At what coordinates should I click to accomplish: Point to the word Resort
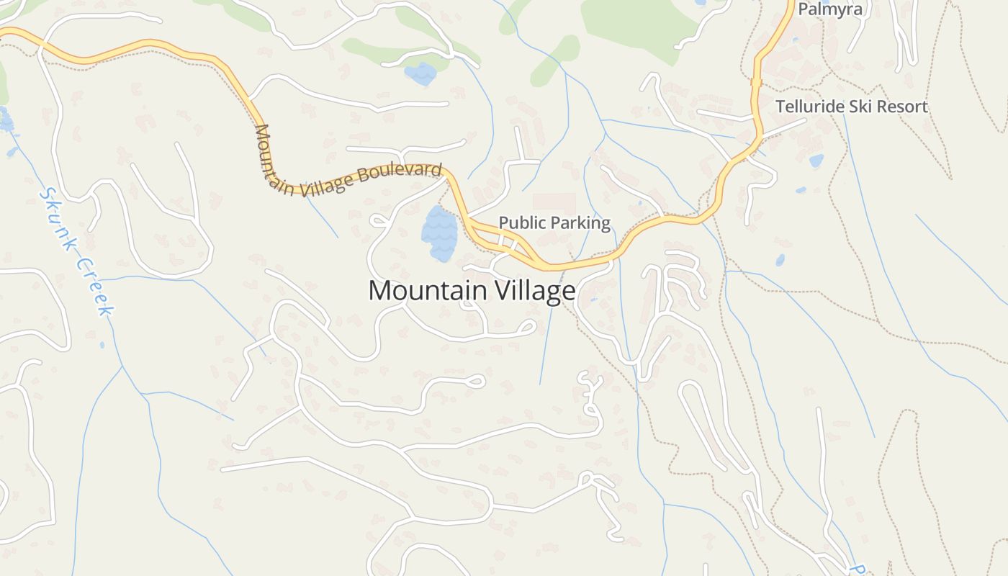899,107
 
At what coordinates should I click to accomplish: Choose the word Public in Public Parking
520,222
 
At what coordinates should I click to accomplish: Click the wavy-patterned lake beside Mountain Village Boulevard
438,233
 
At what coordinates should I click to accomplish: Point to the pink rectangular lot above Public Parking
554,202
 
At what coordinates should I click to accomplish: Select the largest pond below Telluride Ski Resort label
816,161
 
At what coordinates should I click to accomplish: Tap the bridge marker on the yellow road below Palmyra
756,83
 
